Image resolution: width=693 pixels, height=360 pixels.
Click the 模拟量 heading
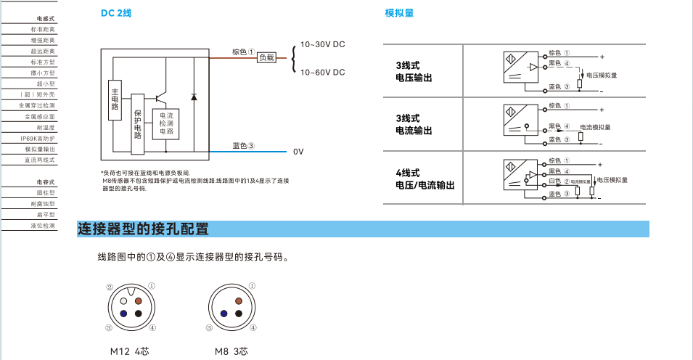[399, 13]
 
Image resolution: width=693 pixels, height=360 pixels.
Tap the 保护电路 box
[138, 123]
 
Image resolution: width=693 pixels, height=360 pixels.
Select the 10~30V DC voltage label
[322, 44]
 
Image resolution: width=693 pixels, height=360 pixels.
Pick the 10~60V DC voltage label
[322, 72]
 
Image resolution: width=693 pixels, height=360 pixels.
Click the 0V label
[298, 152]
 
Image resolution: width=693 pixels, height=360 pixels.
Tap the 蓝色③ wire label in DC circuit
[243, 145]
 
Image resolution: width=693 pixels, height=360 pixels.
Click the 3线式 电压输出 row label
[414, 71]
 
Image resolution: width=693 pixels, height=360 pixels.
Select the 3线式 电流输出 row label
[414, 124]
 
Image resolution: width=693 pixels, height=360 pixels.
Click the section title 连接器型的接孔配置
[143, 230]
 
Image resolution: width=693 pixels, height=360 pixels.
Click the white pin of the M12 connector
[125, 299]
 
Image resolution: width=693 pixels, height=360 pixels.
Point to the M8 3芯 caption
[231, 351]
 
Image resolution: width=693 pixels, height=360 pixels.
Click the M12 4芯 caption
[129, 351]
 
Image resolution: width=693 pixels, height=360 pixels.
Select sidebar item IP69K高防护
[38, 138]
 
